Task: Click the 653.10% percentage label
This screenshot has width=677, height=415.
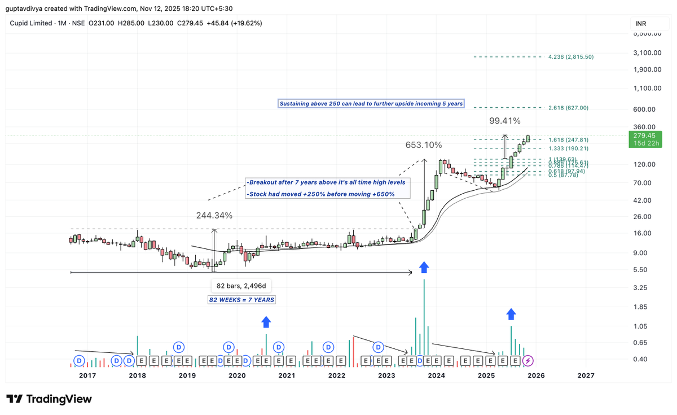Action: pos(423,145)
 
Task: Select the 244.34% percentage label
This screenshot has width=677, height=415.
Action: pos(214,216)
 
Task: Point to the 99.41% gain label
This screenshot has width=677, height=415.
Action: pos(504,121)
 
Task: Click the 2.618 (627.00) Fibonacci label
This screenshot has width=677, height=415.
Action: pos(568,108)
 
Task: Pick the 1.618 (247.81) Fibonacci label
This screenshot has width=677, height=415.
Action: pos(568,139)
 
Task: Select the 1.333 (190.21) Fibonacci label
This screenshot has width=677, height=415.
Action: pos(568,148)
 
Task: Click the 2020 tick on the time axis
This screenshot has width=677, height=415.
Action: pos(237,375)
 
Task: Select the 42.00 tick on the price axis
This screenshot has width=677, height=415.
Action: pos(643,200)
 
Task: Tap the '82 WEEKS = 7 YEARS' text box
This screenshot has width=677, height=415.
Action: pos(242,300)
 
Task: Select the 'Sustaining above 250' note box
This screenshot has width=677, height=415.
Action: pos(371,104)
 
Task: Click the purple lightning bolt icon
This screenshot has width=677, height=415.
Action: pos(527,360)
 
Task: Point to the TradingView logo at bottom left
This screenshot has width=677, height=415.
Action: pos(49,399)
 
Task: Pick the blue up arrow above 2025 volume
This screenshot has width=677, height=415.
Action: pos(511,314)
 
